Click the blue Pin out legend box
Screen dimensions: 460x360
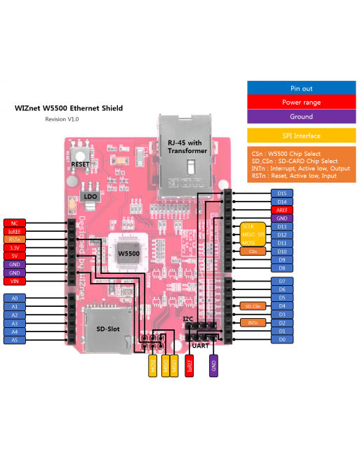[301, 88]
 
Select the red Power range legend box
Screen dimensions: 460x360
[301, 103]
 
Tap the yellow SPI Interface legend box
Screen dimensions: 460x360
[301, 136]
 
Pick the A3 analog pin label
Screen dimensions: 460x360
[14, 323]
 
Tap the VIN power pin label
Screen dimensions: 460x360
[14, 281]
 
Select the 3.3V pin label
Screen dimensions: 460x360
[14, 247]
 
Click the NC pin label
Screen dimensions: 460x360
[14, 223]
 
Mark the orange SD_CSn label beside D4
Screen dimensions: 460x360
[253, 306]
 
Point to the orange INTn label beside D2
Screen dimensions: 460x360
[253, 323]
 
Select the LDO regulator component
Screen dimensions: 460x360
[91, 196]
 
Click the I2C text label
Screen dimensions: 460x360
[187, 319]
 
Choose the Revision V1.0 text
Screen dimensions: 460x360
[62, 119]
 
